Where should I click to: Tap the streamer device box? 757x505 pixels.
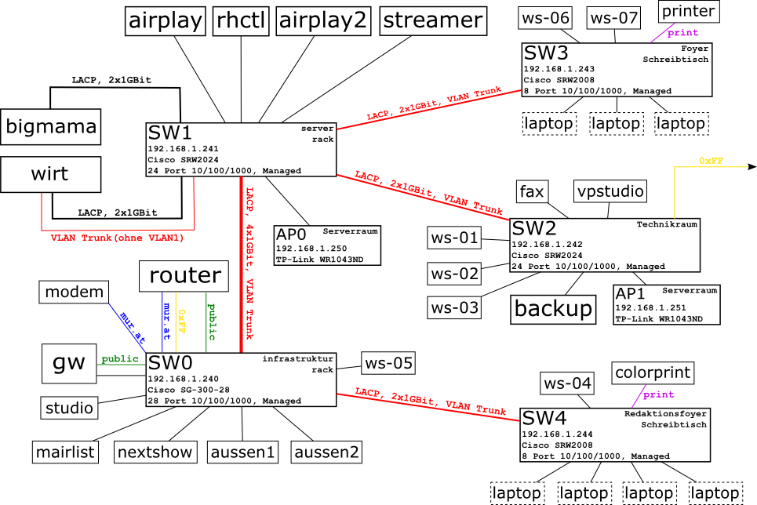tap(431, 20)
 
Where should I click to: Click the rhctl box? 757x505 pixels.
tap(241, 20)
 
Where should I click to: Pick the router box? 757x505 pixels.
tap(184, 275)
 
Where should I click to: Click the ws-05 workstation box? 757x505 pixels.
tap(388, 363)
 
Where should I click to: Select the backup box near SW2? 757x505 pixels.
tap(552, 308)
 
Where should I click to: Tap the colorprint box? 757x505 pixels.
tap(653, 372)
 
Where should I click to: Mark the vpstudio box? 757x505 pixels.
tap(610, 191)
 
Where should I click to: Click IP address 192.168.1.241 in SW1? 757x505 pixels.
tap(183, 148)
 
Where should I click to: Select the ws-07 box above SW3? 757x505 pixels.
tap(614, 16)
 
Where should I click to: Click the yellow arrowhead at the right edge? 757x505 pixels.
tap(752, 166)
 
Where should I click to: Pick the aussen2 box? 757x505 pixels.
tap(326, 452)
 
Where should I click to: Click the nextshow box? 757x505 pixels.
tap(155, 452)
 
